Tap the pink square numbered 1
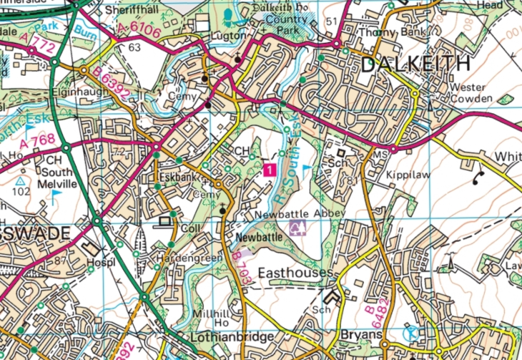coord(269,169)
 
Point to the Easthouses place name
coord(295,273)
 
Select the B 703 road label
coord(242,268)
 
